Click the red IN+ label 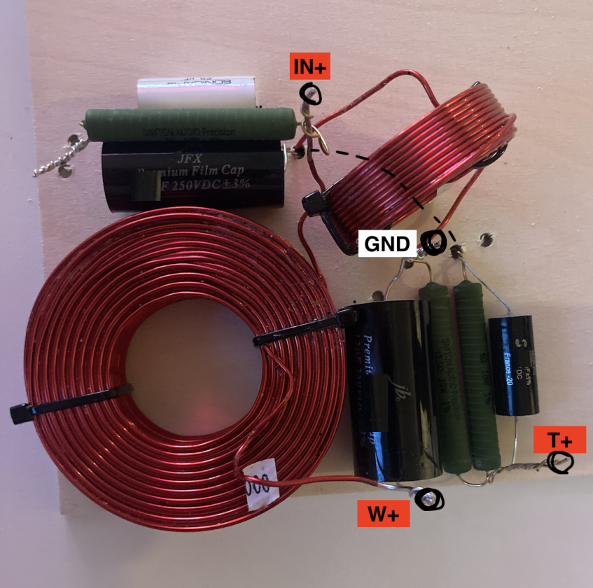coord(309,67)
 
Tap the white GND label coord(387,244)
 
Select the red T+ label coord(559,440)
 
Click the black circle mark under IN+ coord(311,94)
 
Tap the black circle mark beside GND coord(434,242)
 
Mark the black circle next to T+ coord(561,462)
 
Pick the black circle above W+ coord(428,498)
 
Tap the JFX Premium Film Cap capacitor coord(193,175)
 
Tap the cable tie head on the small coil coord(314,204)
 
